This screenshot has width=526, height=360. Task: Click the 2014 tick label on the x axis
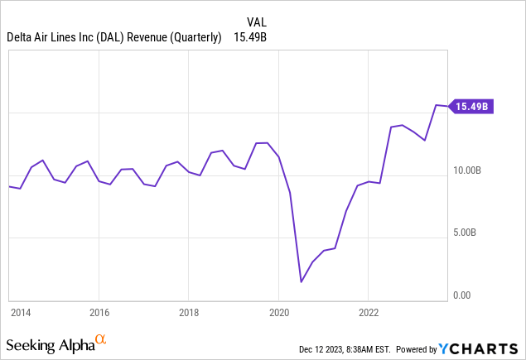click(20, 313)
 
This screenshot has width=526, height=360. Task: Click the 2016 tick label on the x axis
click(99, 313)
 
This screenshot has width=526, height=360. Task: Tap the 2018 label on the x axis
click(188, 313)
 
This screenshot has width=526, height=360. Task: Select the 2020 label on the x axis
click(278, 313)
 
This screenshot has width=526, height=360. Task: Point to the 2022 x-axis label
click(369, 313)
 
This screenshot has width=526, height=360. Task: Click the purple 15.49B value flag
click(472, 106)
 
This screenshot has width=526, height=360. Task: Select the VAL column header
click(258, 22)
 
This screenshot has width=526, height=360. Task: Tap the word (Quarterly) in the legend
click(199, 38)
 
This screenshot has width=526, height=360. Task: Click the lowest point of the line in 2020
click(301, 282)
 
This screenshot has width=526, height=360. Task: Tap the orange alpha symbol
click(101, 340)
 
